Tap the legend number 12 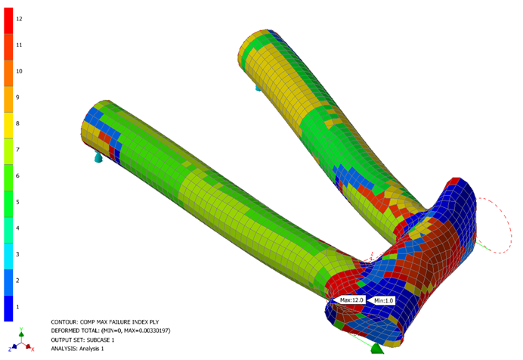point(19,19)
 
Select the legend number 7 point(17,150)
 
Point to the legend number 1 point(17,307)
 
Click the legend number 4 point(17,228)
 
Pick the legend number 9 point(17,98)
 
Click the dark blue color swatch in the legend point(8,309)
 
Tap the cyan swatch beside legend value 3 point(8,256)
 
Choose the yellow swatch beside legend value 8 point(8,125)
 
